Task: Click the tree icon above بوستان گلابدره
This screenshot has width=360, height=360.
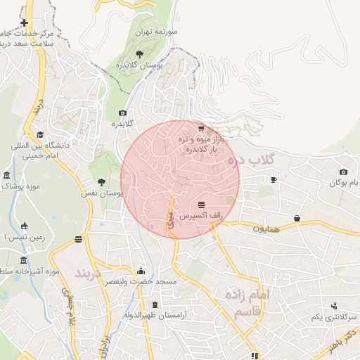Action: (x=140, y=53)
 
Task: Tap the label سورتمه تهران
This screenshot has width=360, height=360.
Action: (x=159, y=32)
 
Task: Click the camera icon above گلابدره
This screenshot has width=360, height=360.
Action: (x=123, y=112)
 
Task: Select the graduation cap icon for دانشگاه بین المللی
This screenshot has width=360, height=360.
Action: (x=40, y=134)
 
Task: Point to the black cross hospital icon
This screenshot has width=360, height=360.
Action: (x=25, y=23)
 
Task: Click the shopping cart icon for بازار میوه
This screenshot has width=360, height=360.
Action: (x=202, y=128)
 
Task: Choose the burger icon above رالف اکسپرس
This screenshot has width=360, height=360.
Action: (x=202, y=205)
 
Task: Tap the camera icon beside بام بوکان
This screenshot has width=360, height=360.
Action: (x=343, y=172)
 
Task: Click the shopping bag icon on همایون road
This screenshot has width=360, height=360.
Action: (x=297, y=218)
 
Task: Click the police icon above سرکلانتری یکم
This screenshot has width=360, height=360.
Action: (x=333, y=306)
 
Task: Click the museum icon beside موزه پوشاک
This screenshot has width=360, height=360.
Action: (x=6, y=174)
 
